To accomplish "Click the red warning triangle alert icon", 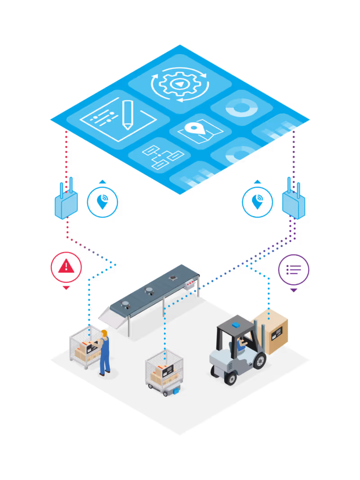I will tap(66, 267).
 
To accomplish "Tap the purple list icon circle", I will tap(293, 270).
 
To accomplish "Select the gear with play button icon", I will tap(180, 84).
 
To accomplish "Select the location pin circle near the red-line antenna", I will tap(102, 202).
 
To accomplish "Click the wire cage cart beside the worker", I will tap(84, 347).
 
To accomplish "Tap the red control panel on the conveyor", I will tap(191, 285).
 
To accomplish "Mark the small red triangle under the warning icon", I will tap(66, 288).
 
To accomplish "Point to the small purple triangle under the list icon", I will tap(293, 290).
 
